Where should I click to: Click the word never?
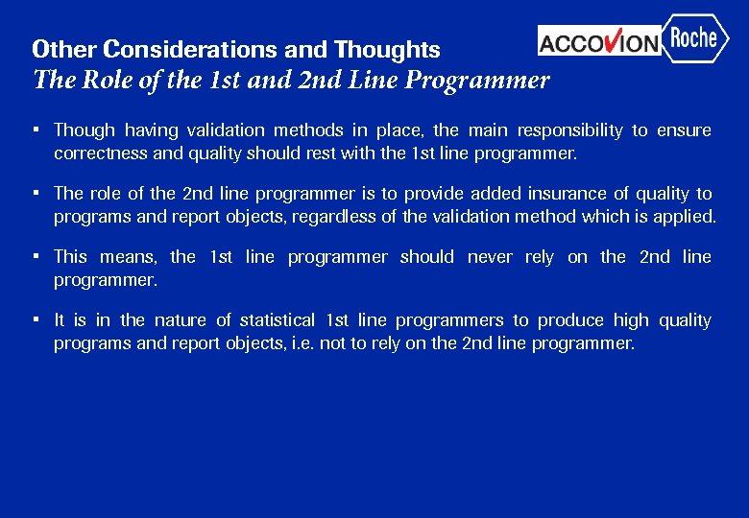489,257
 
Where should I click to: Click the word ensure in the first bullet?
684,130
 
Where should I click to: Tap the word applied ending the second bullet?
687,215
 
